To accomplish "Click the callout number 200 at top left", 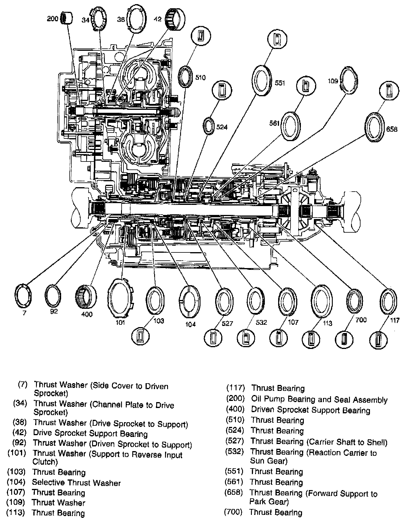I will click(x=53, y=19).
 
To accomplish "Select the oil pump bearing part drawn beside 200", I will click(x=67, y=18).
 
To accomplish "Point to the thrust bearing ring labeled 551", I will click(x=262, y=80).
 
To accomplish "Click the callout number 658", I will click(x=392, y=129).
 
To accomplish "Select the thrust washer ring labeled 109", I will click(x=350, y=80).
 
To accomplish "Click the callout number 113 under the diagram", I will click(x=327, y=323).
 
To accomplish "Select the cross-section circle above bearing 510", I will click(x=201, y=36).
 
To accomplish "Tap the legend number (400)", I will click(x=235, y=409).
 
